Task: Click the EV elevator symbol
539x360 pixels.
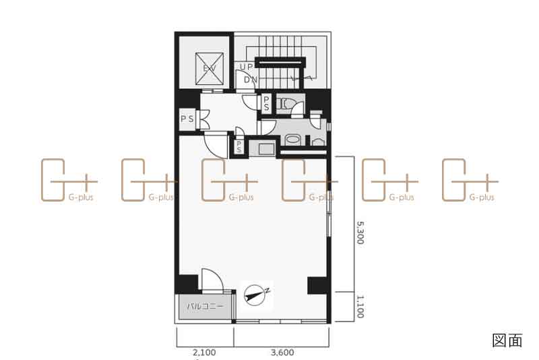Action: pos(210,68)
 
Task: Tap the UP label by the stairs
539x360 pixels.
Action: pos(246,67)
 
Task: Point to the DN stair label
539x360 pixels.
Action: pos(251,80)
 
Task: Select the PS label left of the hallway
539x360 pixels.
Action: pos(187,119)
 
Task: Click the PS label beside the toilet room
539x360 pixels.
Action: pos(266,103)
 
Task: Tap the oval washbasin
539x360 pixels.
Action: pos(292,140)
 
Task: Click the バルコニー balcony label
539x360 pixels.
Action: pos(205,305)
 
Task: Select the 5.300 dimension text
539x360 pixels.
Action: pos(360,233)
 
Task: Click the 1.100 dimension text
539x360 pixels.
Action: pos(360,307)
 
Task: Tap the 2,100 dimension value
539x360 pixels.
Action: pos(204,353)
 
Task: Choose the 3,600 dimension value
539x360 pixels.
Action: pos(282,353)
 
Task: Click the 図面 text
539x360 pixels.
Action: pos(507,340)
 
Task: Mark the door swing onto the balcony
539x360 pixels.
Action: pos(212,280)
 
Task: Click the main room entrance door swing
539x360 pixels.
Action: pos(216,144)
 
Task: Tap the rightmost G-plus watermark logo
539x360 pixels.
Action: pos(470,180)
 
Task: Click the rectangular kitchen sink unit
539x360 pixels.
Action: pos(266,149)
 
